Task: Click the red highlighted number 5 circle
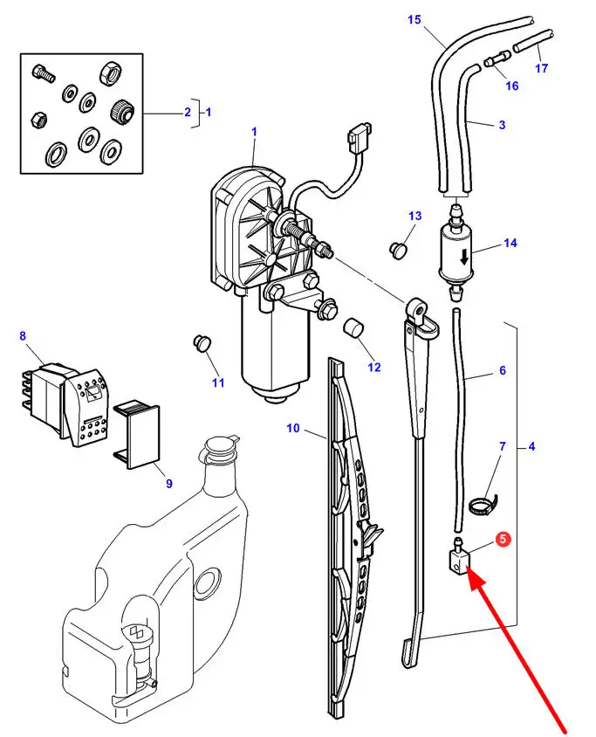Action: point(503,539)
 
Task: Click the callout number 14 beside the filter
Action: point(510,243)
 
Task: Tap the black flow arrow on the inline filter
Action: point(464,257)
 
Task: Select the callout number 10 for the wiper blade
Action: point(292,428)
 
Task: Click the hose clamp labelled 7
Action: point(483,505)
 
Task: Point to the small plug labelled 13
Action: point(398,249)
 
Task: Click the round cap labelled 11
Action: point(202,342)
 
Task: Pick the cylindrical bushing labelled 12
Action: point(354,327)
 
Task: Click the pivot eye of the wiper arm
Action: point(502,370)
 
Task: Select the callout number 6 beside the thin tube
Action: point(531,446)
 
